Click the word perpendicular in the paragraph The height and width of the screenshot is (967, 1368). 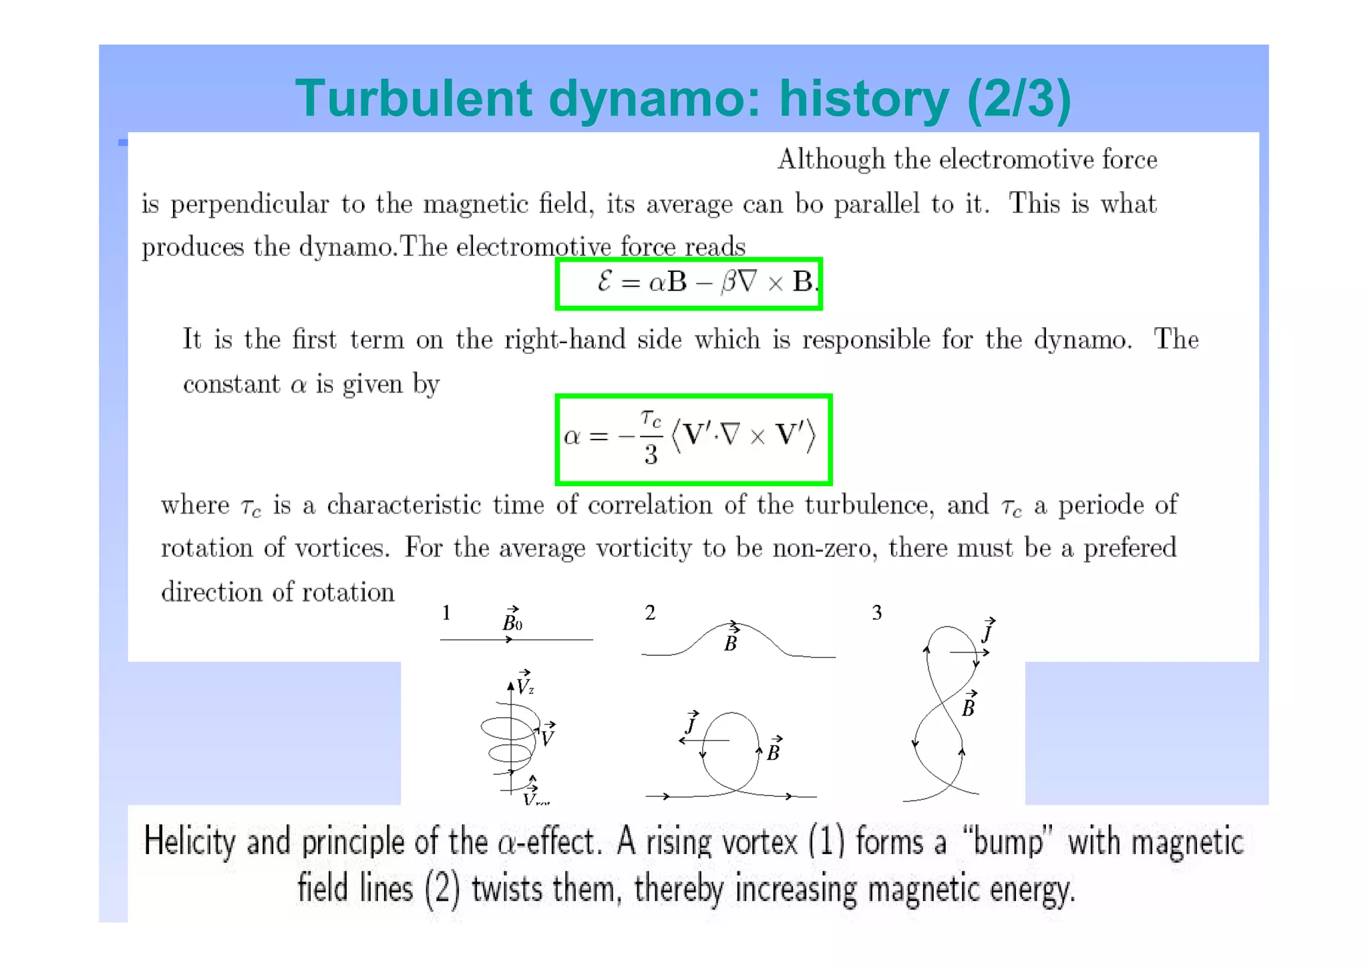coord(250,204)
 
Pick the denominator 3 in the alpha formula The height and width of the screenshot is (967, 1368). coord(651,455)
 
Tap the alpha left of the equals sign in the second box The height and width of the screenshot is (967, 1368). coord(572,437)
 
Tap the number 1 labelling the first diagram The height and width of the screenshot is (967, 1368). coord(446,612)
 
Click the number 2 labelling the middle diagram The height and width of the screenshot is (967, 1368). coord(650,612)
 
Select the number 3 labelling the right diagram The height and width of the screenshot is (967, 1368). coord(877,612)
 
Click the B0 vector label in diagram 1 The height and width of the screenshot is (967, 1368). coord(512,620)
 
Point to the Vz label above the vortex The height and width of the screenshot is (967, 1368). coord(525,683)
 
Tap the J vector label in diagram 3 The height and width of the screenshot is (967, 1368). coord(988,631)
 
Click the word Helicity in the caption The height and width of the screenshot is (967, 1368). coord(190,841)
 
